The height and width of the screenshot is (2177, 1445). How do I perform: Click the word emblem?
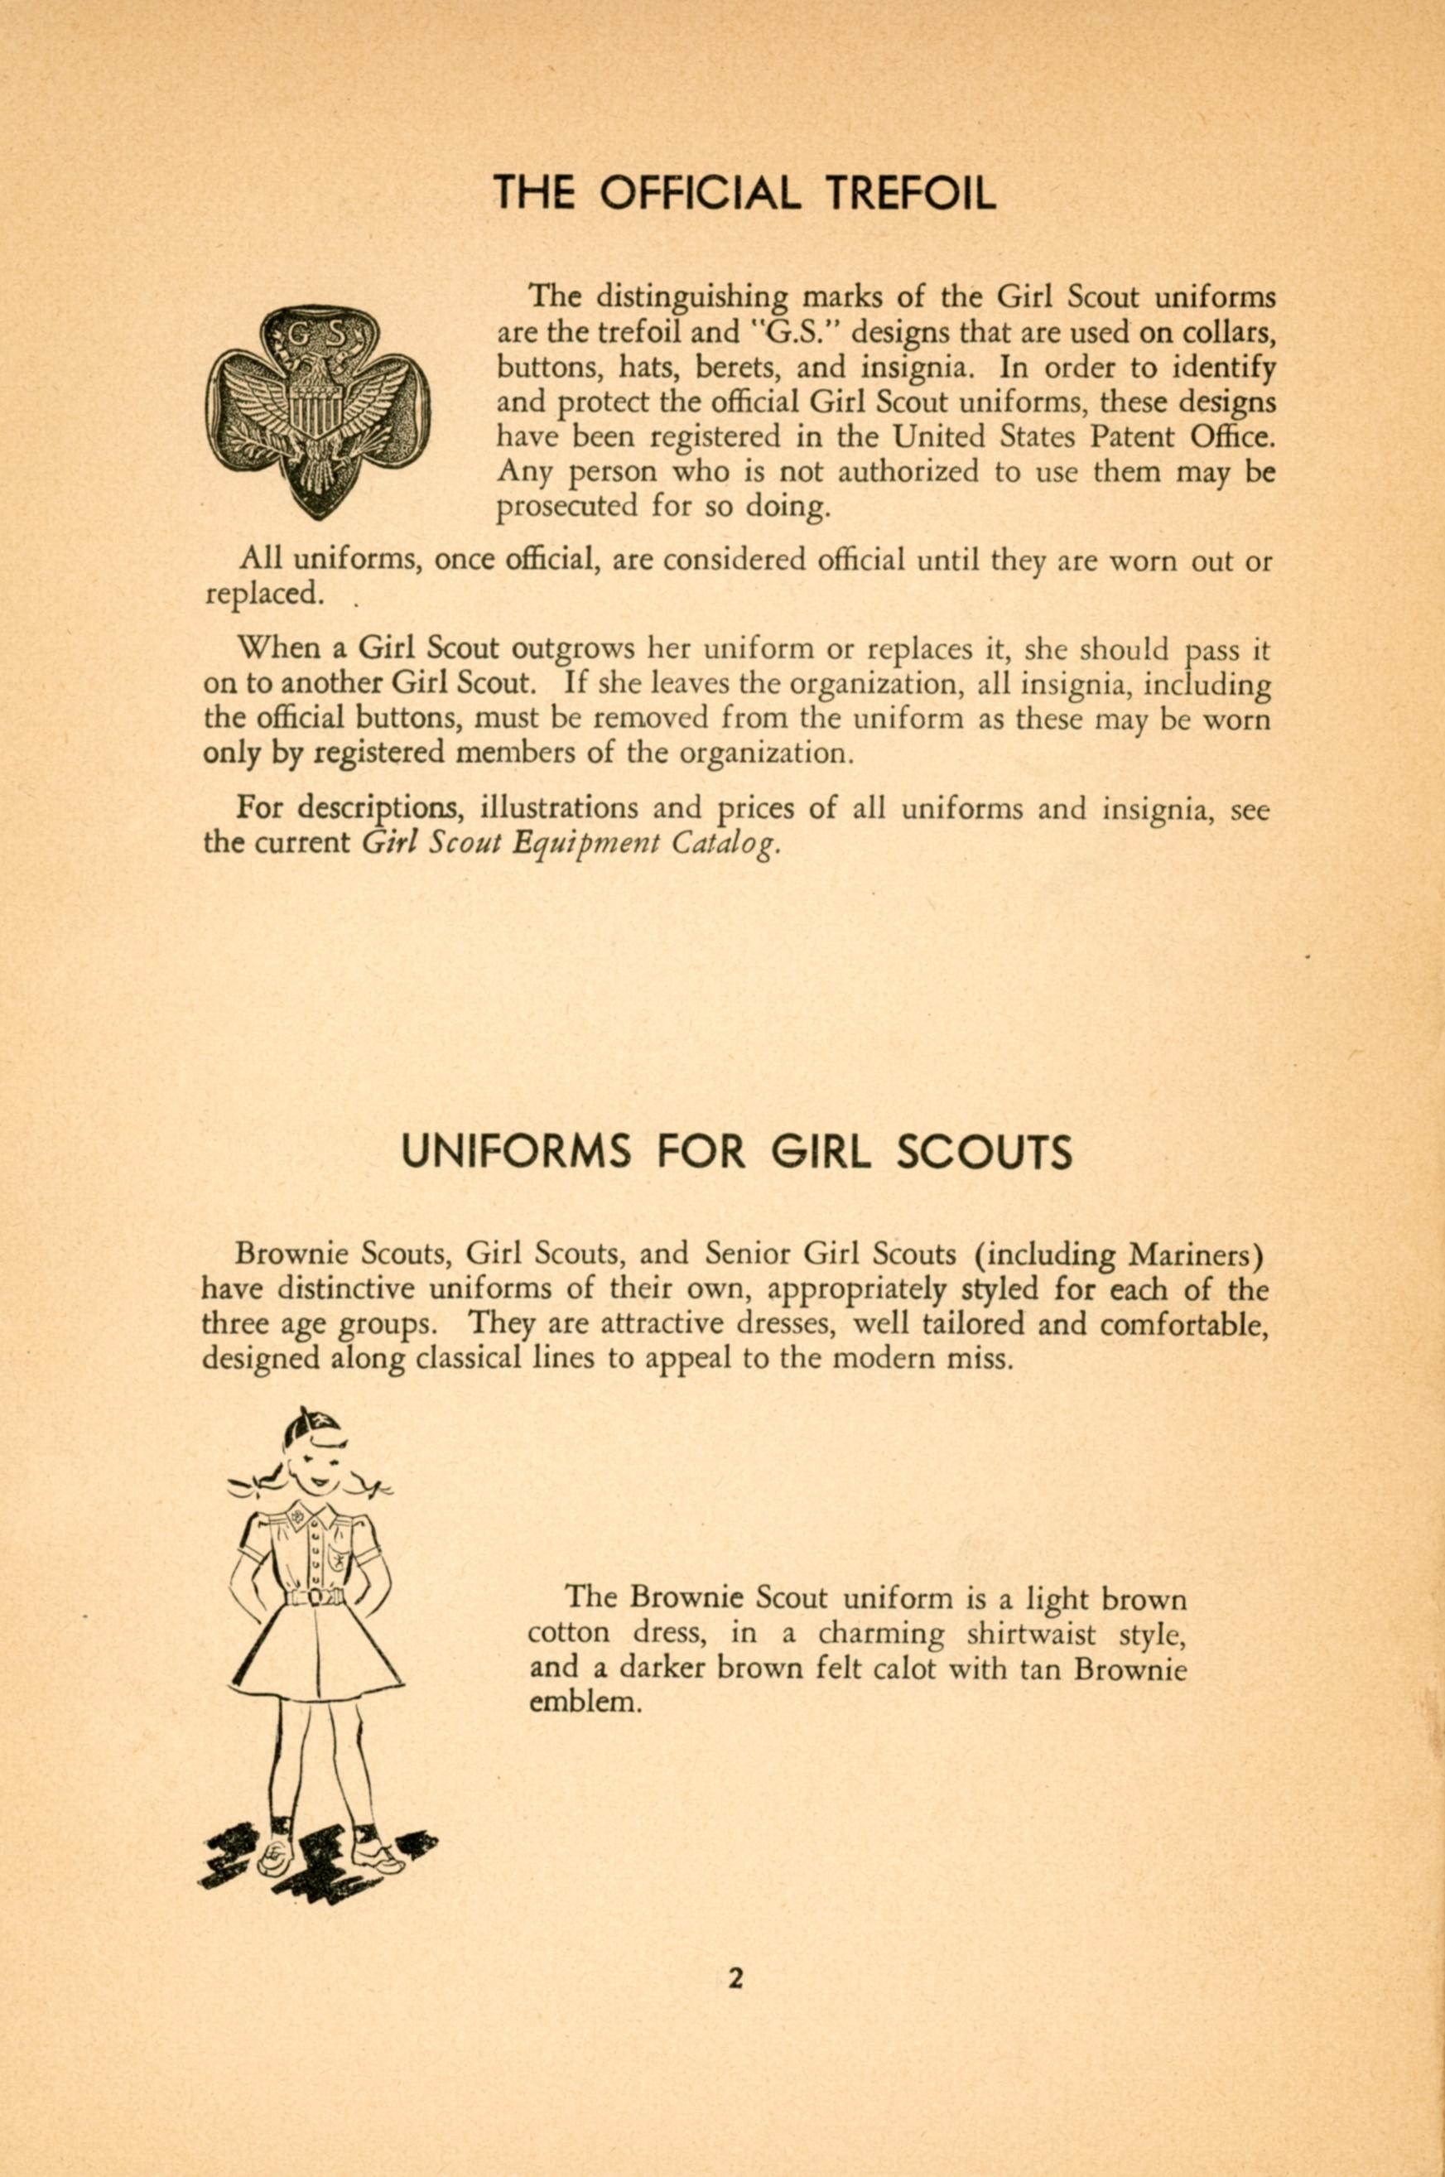click(x=585, y=1703)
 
